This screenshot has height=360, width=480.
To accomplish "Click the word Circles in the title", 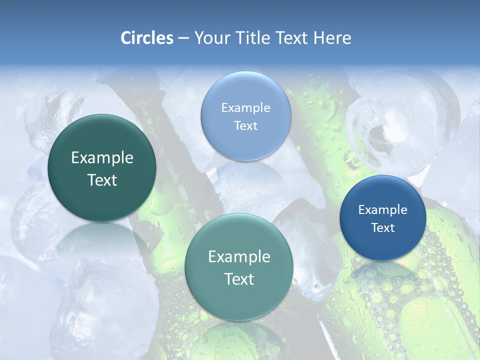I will [x=146, y=38].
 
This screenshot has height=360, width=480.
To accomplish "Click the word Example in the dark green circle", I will [x=102, y=158].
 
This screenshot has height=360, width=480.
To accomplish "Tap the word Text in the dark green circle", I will [x=102, y=180].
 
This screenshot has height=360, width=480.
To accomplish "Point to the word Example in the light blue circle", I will [x=246, y=108].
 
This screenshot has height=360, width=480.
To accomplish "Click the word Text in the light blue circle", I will [x=246, y=125].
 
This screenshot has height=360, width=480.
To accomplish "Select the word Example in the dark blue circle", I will [x=383, y=210].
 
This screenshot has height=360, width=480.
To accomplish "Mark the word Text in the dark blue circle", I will [x=383, y=228].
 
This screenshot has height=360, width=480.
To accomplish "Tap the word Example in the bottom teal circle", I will [x=239, y=257].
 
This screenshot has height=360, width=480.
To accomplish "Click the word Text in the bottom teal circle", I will [x=239, y=279].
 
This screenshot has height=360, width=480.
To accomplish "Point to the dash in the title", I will [x=183, y=38].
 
